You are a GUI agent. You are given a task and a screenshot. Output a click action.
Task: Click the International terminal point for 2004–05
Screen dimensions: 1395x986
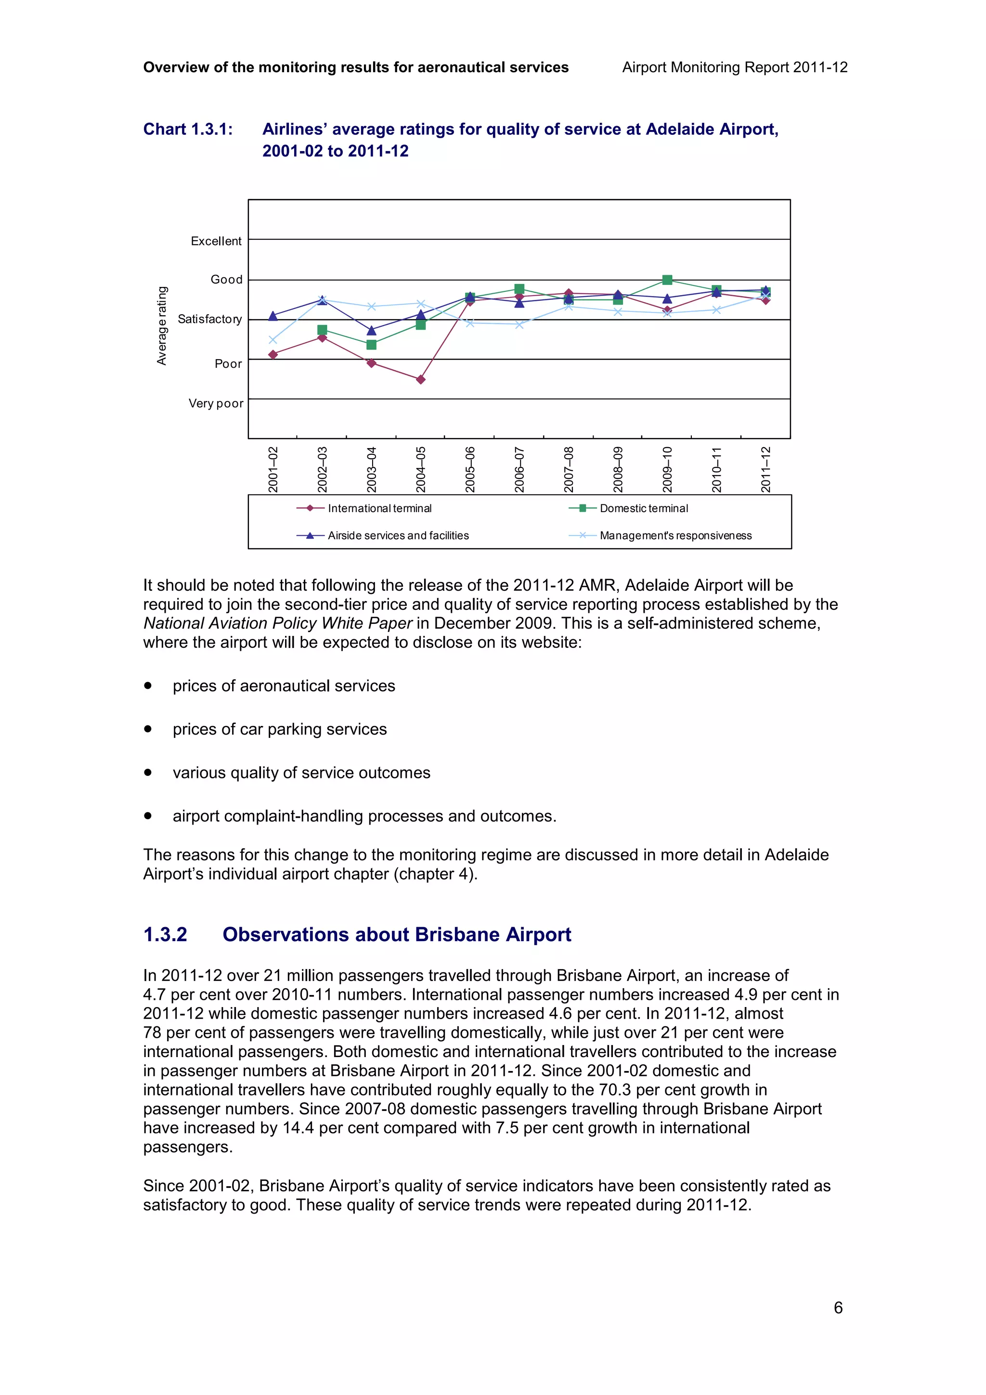coord(420,380)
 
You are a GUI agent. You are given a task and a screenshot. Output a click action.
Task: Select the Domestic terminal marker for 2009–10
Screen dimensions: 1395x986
coord(667,280)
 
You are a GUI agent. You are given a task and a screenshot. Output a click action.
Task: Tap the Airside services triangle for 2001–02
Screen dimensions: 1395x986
coord(273,316)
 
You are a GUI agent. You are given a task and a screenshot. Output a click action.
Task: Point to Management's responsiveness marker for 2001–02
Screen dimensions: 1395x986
coord(273,340)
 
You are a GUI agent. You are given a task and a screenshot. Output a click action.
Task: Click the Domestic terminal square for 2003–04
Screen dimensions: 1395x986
coord(371,345)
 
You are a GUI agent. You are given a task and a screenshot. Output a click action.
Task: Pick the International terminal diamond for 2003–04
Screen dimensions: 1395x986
coord(371,363)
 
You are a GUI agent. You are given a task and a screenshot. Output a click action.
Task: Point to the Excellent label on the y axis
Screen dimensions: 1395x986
coord(216,241)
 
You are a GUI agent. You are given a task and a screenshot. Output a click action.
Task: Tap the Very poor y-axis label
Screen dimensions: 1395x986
coord(216,403)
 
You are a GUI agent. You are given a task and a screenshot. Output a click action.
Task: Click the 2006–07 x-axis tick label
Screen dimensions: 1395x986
coord(519,469)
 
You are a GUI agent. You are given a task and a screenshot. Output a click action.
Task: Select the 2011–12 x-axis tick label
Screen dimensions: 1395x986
coord(765,469)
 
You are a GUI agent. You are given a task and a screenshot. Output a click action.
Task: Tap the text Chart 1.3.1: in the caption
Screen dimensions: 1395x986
coord(188,129)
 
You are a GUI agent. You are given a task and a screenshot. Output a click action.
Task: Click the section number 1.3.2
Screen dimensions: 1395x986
coord(165,934)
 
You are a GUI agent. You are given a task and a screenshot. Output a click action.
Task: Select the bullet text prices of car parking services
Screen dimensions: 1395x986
coord(279,729)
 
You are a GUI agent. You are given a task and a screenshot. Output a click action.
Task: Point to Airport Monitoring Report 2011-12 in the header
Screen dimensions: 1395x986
coord(735,67)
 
